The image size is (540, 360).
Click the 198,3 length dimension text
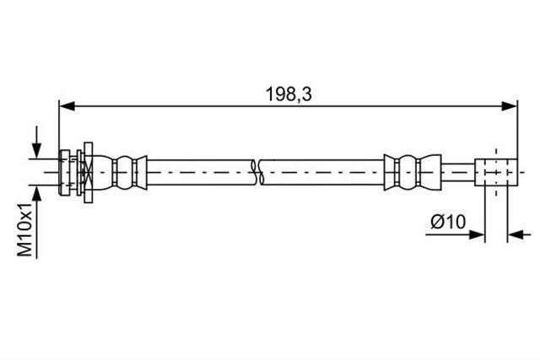pyautogui.click(x=289, y=94)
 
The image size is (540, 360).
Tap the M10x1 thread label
pyautogui.click(x=24, y=229)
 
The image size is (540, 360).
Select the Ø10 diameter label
pyautogui.click(x=448, y=222)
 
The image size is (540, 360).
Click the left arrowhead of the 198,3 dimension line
pyautogui.click(x=67, y=106)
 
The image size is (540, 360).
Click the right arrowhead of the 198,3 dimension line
pyautogui.click(x=510, y=106)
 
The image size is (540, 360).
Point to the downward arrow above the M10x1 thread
pyautogui.click(x=36, y=142)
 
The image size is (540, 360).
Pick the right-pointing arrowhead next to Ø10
pyautogui.click(x=477, y=235)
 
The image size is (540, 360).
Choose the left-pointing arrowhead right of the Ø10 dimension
pyautogui.click(x=516, y=235)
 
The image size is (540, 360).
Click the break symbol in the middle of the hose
pyautogui.click(x=257, y=173)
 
